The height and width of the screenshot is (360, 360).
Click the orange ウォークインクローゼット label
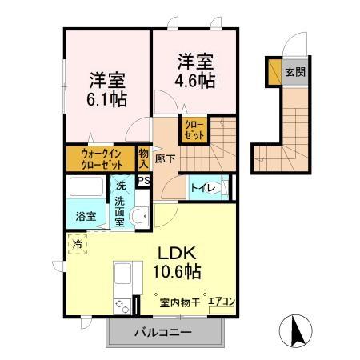pyautogui.click(x=101, y=155)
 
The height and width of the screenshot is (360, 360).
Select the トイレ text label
pyautogui.click(x=201, y=189)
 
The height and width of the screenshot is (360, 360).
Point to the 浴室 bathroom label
pyautogui.click(x=86, y=216)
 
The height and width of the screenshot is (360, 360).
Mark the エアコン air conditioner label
pyautogui.click(x=221, y=302)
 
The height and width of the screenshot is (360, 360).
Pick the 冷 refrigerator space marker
pyautogui.click(x=78, y=243)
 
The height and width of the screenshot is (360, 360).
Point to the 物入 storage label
pyautogui.click(x=143, y=157)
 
